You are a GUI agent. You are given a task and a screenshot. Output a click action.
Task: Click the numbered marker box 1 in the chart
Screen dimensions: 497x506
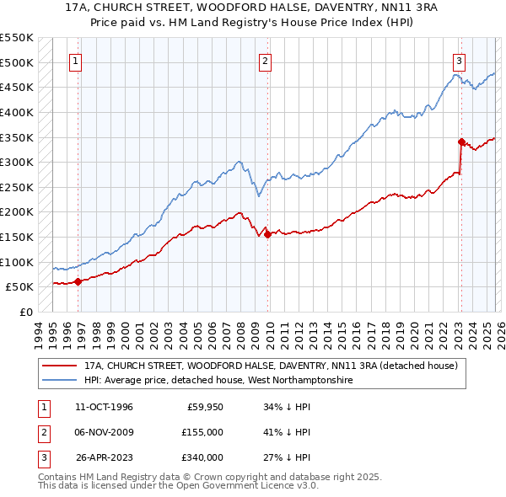point(76,61)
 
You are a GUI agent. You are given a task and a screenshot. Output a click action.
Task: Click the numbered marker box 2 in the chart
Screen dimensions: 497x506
point(265,61)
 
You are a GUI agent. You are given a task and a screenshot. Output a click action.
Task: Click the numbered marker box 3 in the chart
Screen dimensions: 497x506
point(459,61)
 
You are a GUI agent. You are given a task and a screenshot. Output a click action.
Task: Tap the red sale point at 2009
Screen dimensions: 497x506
point(267,234)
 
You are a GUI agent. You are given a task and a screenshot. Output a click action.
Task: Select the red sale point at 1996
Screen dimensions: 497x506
point(78,281)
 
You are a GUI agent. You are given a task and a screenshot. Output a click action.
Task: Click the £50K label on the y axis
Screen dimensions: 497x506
point(20,286)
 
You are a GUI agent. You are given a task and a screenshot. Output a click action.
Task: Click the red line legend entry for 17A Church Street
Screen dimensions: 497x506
point(270,366)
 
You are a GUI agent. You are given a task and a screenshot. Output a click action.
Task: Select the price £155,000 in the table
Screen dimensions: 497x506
point(202,432)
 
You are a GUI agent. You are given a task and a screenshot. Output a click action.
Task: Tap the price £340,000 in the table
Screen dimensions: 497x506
point(202,457)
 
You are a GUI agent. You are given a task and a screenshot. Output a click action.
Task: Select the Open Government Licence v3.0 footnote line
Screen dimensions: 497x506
point(179,486)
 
